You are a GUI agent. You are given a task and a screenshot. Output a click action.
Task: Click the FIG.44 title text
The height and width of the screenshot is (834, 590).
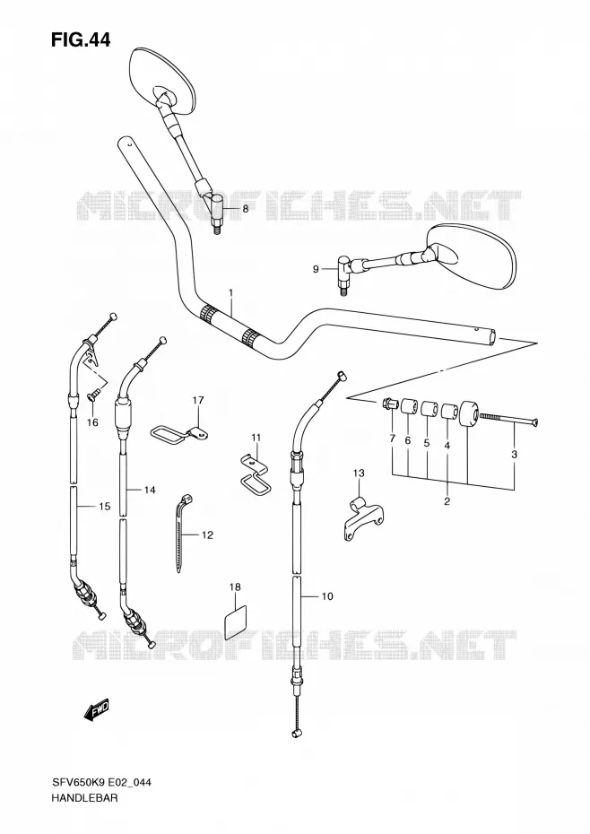click(81, 39)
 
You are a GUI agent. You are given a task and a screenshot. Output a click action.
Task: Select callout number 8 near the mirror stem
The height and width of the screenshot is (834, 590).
click(246, 209)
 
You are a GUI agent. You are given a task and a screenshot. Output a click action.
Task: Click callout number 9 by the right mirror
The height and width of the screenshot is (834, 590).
click(316, 270)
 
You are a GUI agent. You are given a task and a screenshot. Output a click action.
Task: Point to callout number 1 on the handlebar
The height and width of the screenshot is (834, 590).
click(231, 292)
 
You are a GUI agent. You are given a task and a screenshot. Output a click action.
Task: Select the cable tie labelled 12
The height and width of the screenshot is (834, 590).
click(182, 532)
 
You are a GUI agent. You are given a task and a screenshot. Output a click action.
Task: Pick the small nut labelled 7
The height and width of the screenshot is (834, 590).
click(390, 404)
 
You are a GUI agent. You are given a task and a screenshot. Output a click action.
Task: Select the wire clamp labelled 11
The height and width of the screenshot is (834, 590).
click(254, 474)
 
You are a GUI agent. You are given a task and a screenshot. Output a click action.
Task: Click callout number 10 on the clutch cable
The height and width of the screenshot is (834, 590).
click(327, 596)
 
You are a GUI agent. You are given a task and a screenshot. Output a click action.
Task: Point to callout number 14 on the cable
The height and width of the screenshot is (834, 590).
click(150, 490)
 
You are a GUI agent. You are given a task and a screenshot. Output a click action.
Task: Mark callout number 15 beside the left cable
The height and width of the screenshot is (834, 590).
click(104, 507)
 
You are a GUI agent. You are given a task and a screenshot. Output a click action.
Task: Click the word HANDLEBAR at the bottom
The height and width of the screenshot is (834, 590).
click(84, 812)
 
